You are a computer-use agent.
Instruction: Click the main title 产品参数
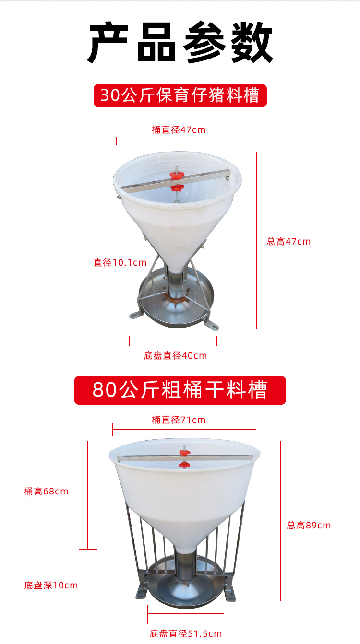180,42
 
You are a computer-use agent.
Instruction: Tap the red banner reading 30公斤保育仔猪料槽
180,95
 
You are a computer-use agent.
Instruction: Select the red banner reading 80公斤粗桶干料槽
180,390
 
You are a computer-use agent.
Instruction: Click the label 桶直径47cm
179,129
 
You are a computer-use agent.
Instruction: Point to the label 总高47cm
288,242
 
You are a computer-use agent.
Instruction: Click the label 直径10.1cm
120,262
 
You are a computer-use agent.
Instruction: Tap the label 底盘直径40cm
175,356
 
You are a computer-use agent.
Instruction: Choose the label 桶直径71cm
179,420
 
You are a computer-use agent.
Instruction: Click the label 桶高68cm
47,492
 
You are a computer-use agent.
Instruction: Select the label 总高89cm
309,525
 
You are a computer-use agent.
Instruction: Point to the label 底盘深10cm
51,585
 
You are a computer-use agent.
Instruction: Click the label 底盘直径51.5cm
186,633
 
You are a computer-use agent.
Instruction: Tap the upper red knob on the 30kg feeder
177,176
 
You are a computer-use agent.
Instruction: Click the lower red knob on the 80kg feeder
184,465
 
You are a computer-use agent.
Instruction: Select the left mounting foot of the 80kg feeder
142,592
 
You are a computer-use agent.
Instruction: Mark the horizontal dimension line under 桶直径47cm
180,141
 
